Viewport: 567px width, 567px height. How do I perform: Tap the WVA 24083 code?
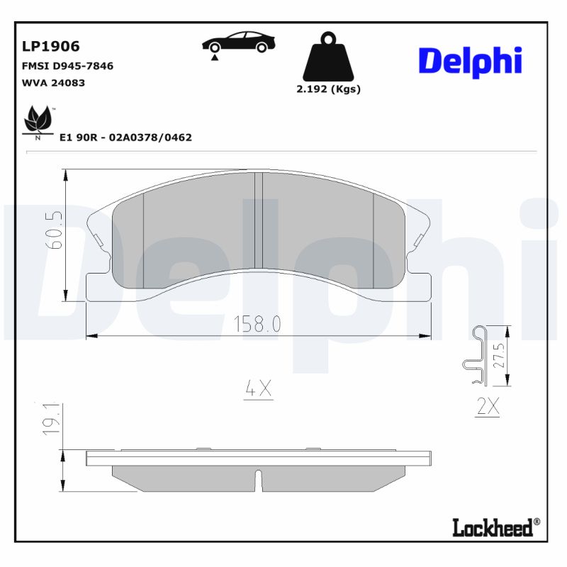click(x=54, y=82)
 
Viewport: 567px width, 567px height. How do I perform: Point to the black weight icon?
click(x=327, y=57)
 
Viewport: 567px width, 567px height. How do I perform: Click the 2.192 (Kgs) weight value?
click(x=328, y=89)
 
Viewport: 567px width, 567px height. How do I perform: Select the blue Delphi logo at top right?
click(x=469, y=62)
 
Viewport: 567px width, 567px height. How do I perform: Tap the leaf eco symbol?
click(x=38, y=121)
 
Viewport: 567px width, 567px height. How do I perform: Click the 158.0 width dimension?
click(x=258, y=325)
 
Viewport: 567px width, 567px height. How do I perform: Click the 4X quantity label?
click(x=258, y=388)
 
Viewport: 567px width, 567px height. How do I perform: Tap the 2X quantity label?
click(x=488, y=407)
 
